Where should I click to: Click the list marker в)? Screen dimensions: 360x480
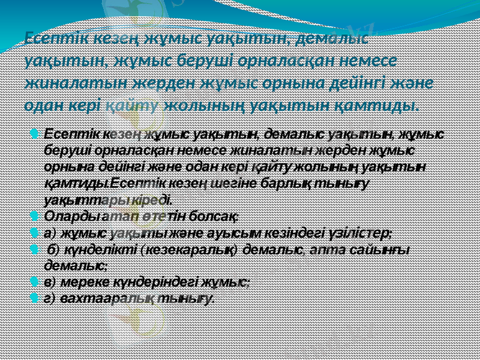coord(51,280)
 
